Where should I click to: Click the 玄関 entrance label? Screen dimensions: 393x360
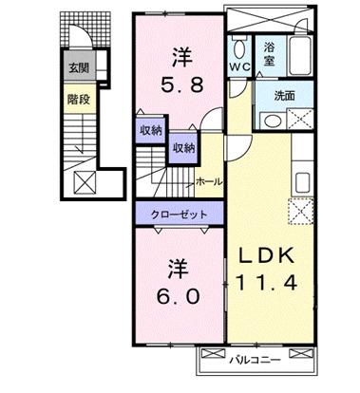point(77,68)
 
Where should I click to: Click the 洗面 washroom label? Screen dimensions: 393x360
point(285,95)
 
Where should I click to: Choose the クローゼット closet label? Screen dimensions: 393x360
point(180,215)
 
